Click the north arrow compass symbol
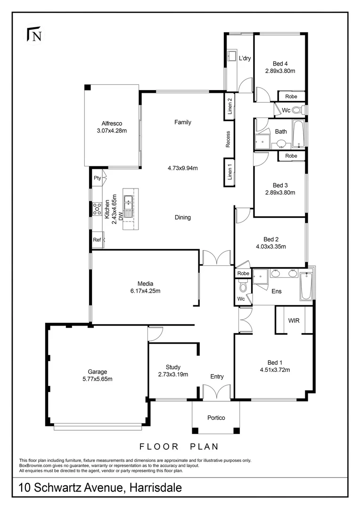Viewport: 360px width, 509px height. tap(34, 34)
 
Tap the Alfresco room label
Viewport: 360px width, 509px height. tap(112, 123)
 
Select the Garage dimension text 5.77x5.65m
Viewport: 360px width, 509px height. tap(98, 379)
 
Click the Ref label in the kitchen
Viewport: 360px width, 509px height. tap(97, 240)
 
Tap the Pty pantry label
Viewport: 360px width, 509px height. tap(98, 178)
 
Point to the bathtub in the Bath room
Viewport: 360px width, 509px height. tap(298, 134)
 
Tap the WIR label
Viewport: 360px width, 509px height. tap(294, 321)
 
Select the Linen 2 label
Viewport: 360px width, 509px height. tap(230, 106)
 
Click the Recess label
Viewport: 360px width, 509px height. tap(228, 139)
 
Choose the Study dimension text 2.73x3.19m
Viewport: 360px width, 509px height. tap(173, 374)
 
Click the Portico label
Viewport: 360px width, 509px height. tap(216, 418)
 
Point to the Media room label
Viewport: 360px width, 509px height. tap(145, 284)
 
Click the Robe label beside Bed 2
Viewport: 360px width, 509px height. tap(243, 273)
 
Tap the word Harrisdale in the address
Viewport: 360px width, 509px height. tap(155, 488)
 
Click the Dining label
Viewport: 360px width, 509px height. tap(183, 217)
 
